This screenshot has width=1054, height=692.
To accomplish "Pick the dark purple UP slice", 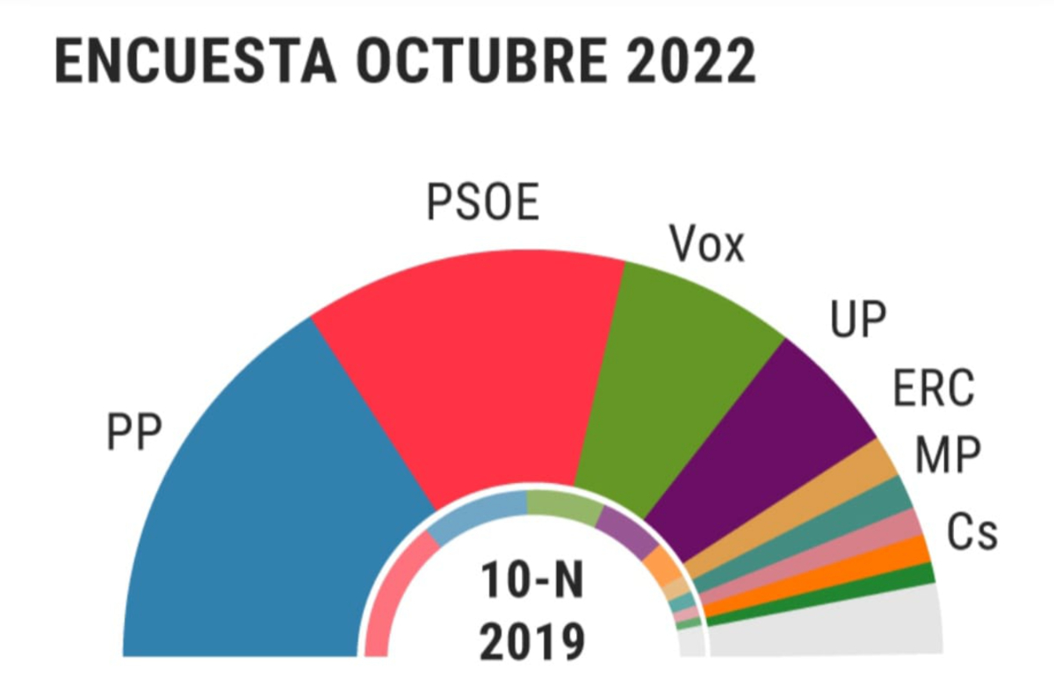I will (773, 448).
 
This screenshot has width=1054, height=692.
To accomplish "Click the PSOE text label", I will (483, 203).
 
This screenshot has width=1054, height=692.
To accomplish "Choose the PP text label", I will (135, 434).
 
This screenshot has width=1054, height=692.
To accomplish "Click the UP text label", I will (859, 321).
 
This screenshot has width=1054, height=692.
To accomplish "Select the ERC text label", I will (934, 389).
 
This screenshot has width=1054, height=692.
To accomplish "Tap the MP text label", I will (948, 456).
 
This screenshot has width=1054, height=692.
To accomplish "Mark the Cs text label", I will (972, 531).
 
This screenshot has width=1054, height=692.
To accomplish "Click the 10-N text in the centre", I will (531, 581).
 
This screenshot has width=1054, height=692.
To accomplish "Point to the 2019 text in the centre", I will (532, 642).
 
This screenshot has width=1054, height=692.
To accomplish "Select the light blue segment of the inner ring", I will (479, 514).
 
